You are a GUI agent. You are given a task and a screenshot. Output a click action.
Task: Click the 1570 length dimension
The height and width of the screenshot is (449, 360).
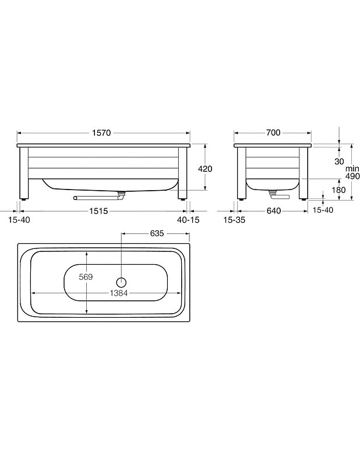101,133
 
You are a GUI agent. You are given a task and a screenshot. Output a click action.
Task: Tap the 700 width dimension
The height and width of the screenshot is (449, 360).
273,133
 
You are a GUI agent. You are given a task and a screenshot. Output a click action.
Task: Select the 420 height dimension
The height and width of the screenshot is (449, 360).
205,169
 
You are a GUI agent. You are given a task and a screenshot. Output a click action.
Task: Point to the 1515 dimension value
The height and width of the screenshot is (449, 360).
98,211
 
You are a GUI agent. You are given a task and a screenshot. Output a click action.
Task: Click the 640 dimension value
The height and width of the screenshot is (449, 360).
274,211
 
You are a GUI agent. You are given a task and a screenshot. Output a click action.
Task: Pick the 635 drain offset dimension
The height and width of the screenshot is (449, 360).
157,233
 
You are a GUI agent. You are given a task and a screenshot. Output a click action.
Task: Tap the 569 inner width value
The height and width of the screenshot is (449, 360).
86,277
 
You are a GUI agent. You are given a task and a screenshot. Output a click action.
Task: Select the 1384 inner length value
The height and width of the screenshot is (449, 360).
119,293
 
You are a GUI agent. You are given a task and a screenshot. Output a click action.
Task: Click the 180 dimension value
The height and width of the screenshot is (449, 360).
338,190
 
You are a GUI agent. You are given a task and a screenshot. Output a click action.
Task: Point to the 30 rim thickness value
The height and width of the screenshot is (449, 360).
339,162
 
